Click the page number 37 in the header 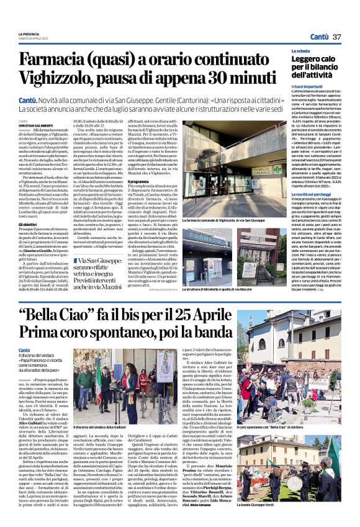tap(337, 37)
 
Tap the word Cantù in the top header tap(320, 37)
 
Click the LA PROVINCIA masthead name tap(28, 33)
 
